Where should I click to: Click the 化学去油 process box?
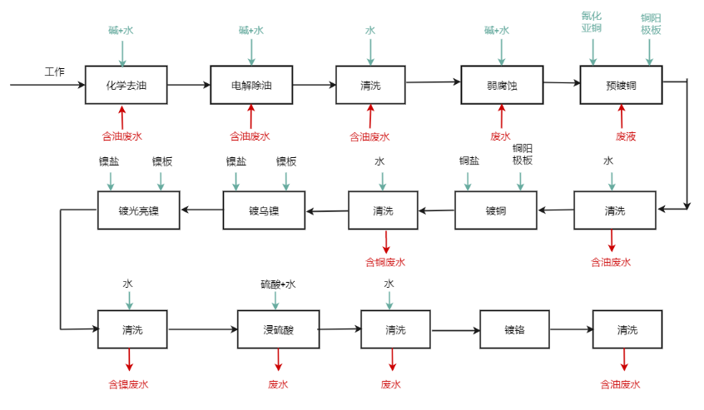126,85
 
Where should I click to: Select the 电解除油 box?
251,85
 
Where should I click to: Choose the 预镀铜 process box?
621,85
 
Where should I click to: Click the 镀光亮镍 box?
139,210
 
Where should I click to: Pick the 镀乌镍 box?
264,210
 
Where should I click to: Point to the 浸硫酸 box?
279,330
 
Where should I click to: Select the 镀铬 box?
514,330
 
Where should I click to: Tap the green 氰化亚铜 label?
592,22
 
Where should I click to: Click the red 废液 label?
626,136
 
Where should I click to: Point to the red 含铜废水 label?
385,262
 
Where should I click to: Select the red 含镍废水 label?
128,384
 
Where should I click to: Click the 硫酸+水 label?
278,284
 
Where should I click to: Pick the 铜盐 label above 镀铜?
469,161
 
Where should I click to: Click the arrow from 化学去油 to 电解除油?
188,85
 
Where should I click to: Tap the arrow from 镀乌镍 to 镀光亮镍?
202,210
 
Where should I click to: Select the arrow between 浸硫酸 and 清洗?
340,329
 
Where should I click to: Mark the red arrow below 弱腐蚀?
502,116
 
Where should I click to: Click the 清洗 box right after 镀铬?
627,330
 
